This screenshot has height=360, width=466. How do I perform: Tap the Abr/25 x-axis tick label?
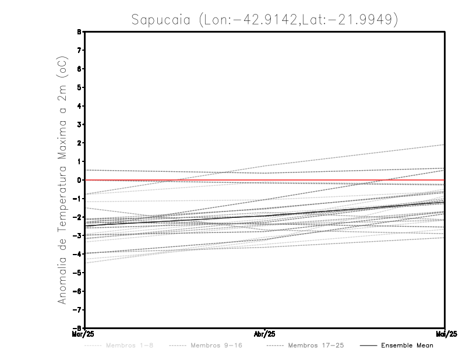[265, 334]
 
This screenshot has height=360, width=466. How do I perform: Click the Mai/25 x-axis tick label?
[444, 334]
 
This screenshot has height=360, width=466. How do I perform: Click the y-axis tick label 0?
[80, 180]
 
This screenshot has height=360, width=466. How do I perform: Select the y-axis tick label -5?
[79, 273]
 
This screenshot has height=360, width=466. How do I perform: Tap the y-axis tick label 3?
[80, 125]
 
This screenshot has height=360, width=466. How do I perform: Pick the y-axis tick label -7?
[79, 310]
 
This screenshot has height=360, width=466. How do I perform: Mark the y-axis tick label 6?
[80, 69]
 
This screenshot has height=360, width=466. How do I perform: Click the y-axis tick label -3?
[79, 236]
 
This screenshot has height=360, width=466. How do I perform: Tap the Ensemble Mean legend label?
[407, 345]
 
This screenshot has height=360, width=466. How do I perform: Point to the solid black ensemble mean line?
[265, 214]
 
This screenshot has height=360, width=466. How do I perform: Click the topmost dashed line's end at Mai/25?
[444, 144]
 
